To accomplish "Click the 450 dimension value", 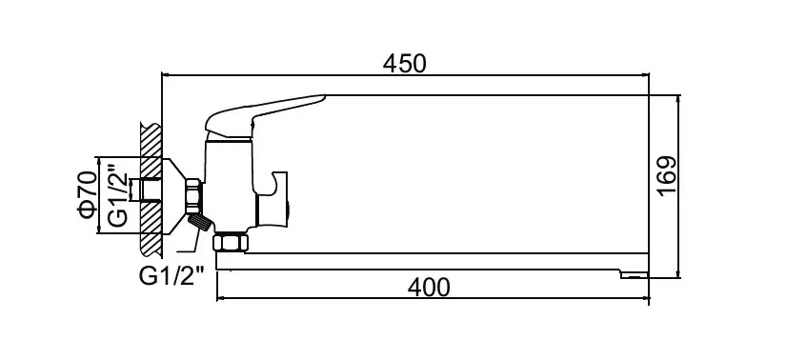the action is pyautogui.click(x=404, y=64).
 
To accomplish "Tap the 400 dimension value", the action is pyautogui.click(x=429, y=288).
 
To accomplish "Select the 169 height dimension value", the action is pyautogui.click(x=667, y=176).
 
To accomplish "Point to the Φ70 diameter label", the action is pyautogui.click(x=87, y=194).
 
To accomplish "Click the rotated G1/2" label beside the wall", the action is pyautogui.click(x=118, y=196).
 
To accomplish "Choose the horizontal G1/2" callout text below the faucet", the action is pyautogui.click(x=171, y=276).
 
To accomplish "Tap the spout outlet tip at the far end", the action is pyautogui.click(x=634, y=275).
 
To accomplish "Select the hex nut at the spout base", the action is pyautogui.click(x=231, y=242).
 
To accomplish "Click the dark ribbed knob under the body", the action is pyautogui.click(x=200, y=222).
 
